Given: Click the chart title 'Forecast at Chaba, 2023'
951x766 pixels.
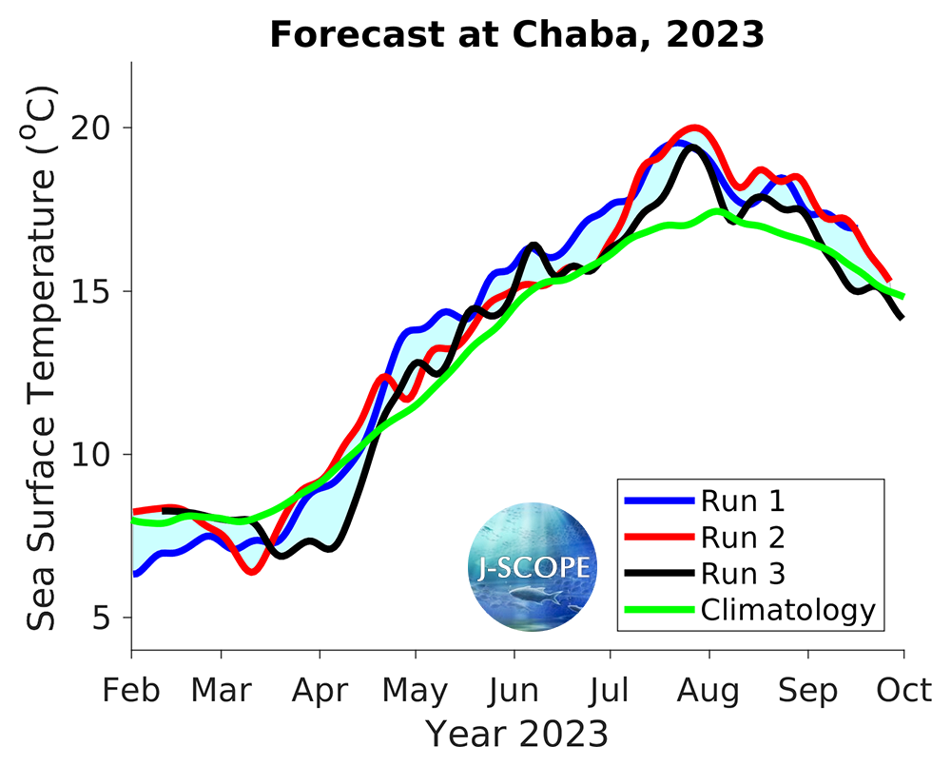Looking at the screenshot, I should click(x=516, y=35).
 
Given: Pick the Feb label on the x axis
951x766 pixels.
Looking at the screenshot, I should click(x=131, y=691).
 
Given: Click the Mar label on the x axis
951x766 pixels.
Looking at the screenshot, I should click(x=221, y=691).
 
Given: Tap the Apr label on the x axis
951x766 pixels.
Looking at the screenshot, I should click(x=320, y=691).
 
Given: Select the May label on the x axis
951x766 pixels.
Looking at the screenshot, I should click(x=416, y=691).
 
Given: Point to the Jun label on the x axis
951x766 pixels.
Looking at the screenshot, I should click(x=514, y=691).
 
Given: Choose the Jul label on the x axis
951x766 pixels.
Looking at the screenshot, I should click(x=610, y=691).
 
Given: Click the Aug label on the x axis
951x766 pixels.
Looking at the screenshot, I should click(x=708, y=691).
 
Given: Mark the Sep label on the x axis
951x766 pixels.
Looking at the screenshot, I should click(x=807, y=691).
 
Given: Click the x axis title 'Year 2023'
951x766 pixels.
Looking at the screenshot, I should click(x=516, y=735).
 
